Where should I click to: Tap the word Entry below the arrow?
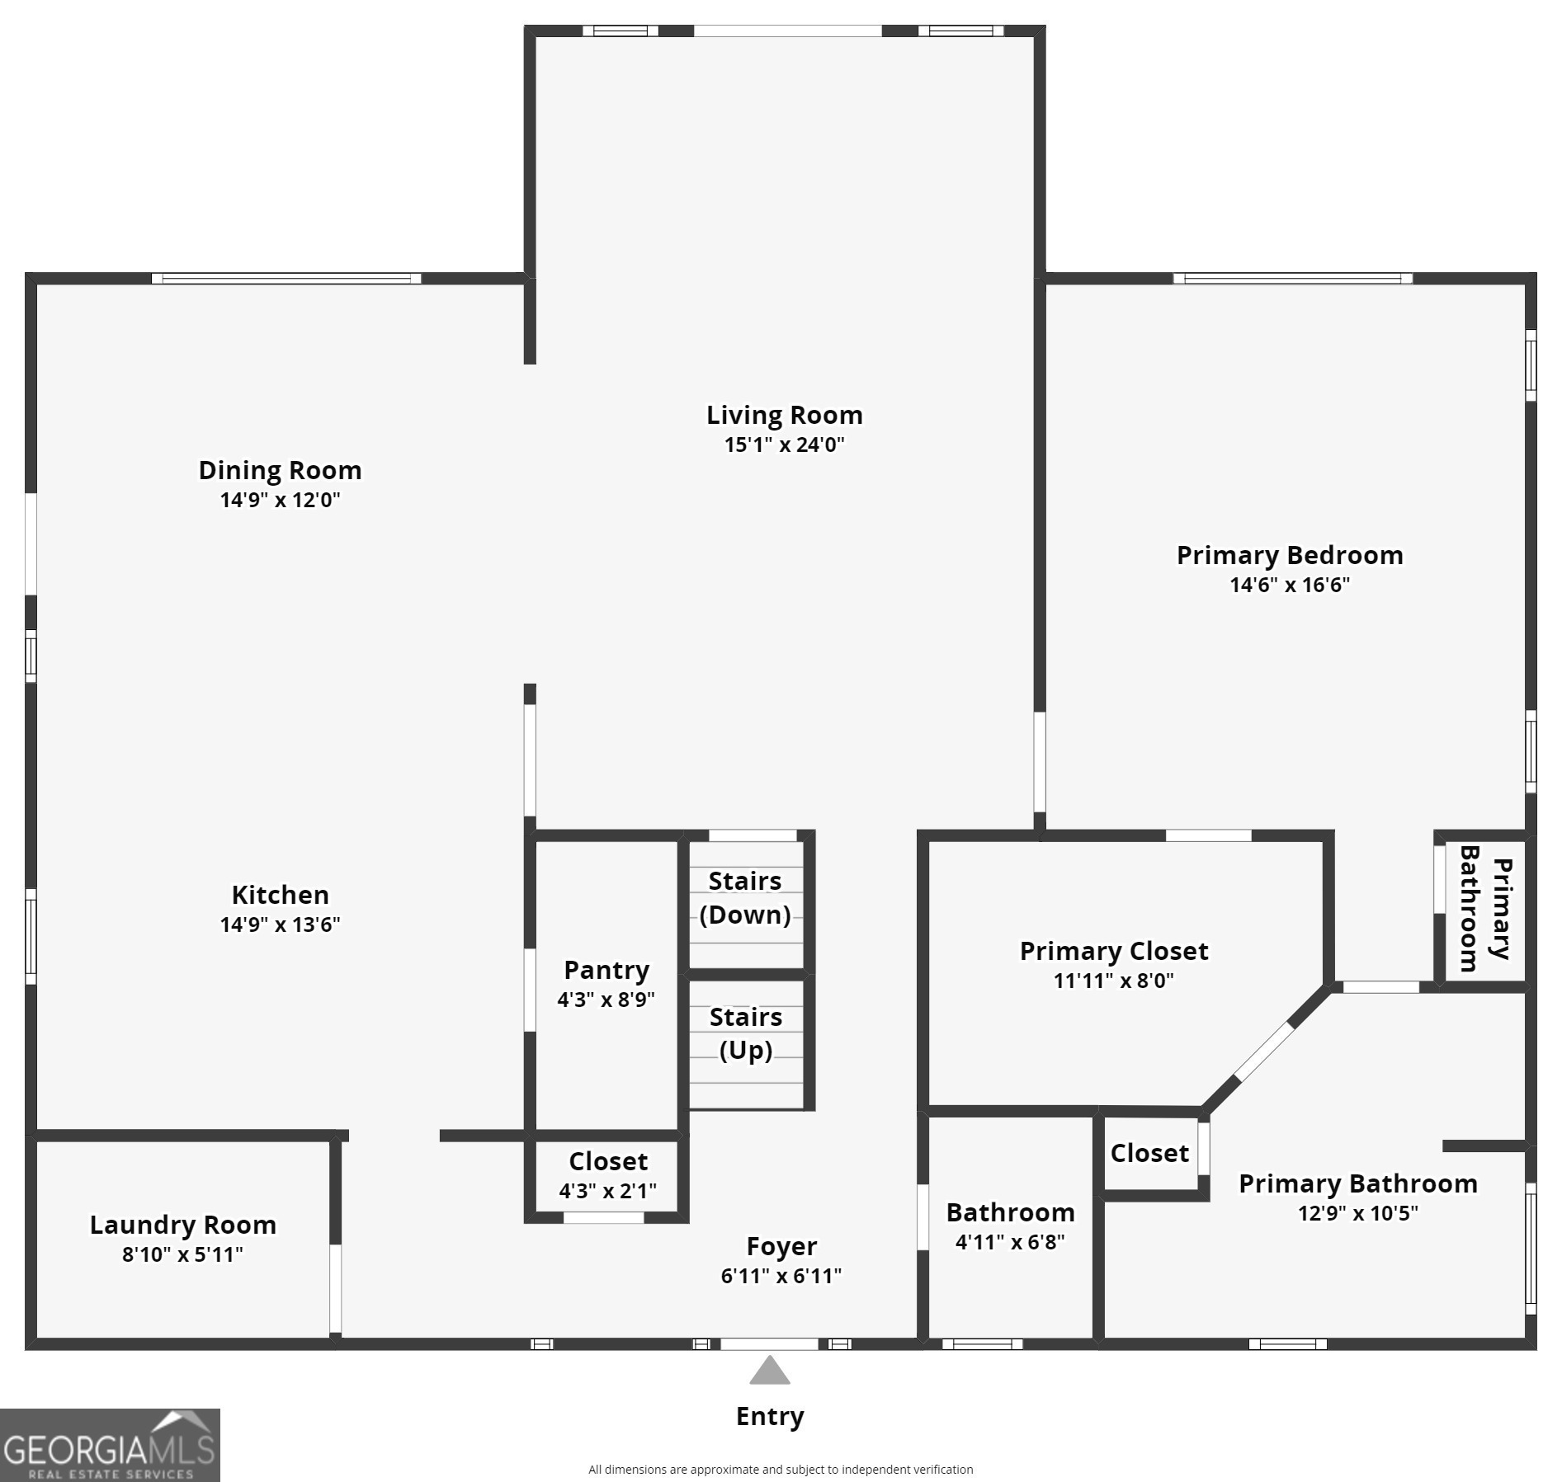click(x=770, y=1417)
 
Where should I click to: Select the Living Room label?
click(x=784, y=415)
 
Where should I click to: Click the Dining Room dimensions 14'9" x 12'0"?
click(x=280, y=500)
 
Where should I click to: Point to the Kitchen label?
click(x=280, y=895)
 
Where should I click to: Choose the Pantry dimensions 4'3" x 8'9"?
click(x=606, y=1000)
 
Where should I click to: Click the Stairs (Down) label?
click(x=745, y=898)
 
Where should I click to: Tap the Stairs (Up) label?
click(x=746, y=1034)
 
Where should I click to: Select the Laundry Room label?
click(x=182, y=1226)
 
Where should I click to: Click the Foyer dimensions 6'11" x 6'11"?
click(x=781, y=1276)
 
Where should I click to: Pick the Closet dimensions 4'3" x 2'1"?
click(x=607, y=1191)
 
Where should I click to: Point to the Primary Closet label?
click(x=1114, y=952)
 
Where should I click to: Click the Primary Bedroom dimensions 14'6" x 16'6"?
click(x=1290, y=585)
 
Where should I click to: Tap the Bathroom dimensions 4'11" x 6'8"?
click(x=1010, y=1242)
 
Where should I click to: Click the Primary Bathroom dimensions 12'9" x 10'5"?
click(x=1357, y=1213)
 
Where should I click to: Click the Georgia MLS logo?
click(x=110, y=1445)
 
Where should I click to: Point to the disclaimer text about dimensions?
click(x=781, y=1469)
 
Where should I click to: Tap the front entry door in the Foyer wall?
click(x=769, y=1343)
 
